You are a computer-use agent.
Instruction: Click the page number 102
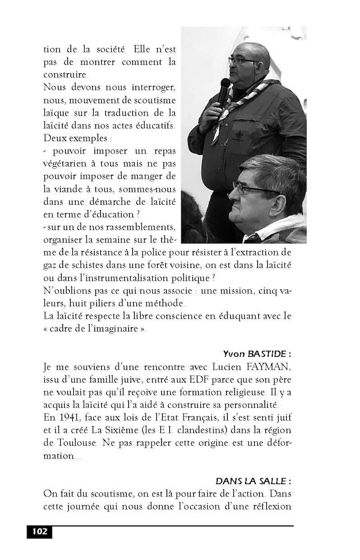tap(40, 532)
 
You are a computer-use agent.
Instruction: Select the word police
tap(182, 252)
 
